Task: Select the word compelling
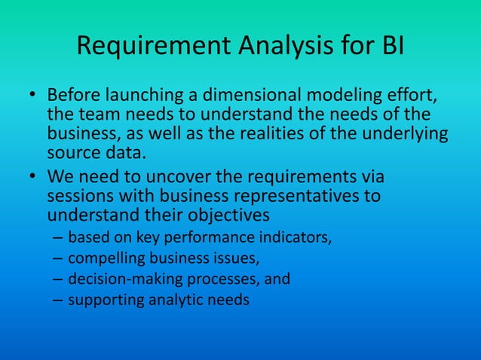tap(103, 260)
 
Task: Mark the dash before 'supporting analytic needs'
tap(58, 300)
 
